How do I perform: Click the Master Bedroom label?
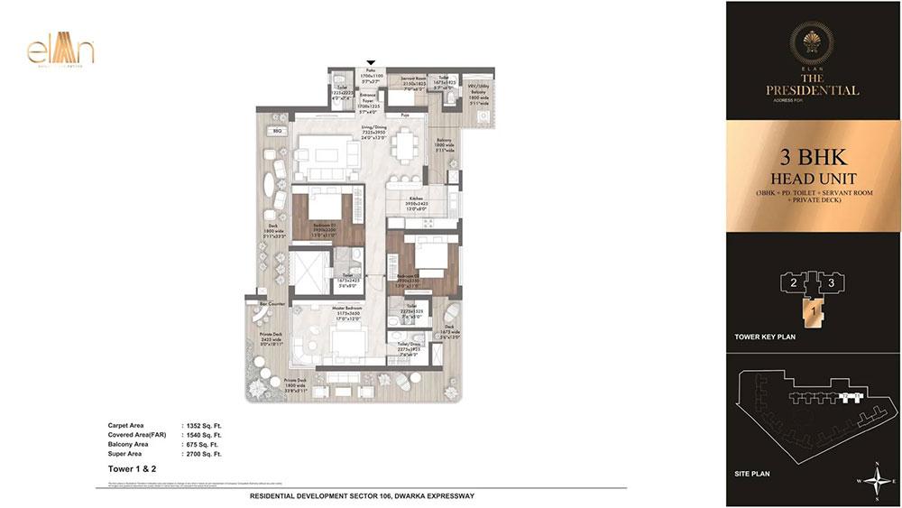click(x=347, y=315)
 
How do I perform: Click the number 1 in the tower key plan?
click(x=813, y=312)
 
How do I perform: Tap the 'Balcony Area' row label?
click(x=130, y=444)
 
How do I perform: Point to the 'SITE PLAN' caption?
click(x=756, y=473)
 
